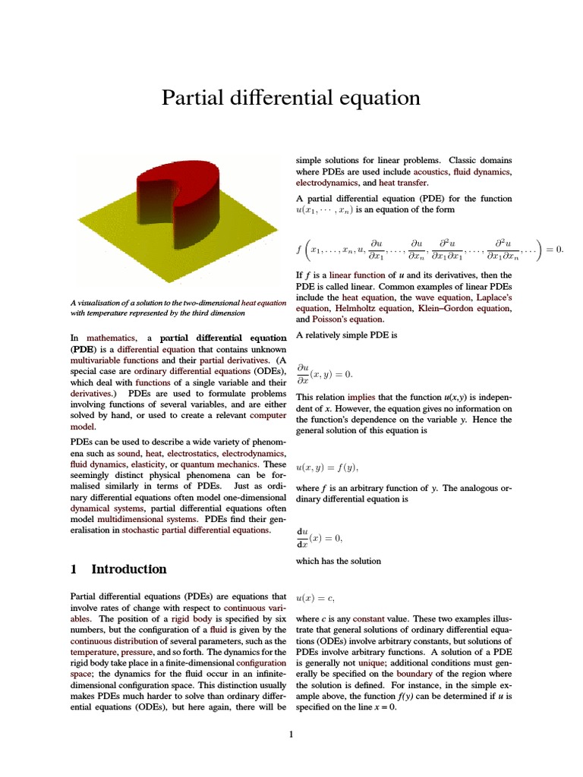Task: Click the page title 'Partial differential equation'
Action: pyautogui.click(x=291, y=98)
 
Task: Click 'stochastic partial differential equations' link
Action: pyautogui.click(x=195, y=530)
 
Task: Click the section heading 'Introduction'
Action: pyautogui.click(x=128, y=569)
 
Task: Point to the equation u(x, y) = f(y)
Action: pyautogui.click(x=326, y=467)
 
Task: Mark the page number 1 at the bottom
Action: pyautogui.click(x=291, y=734)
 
